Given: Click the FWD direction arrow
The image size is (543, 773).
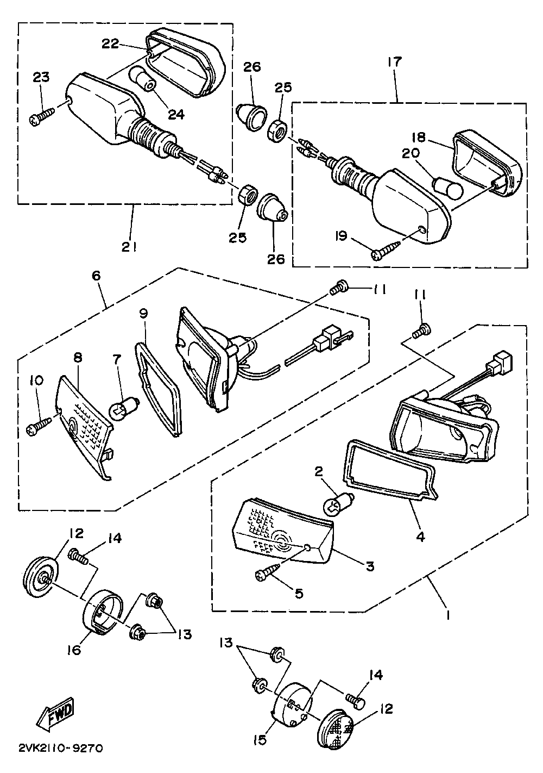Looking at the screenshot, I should [55, 713].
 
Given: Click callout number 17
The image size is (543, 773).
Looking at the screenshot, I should [394, 63].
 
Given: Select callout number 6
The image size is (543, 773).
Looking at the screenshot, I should [96, 276].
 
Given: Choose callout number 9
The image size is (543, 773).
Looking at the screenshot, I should [143, 313].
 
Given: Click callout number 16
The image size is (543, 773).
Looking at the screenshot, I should [74, 650].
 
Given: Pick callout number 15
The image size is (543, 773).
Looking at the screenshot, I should [260, 739].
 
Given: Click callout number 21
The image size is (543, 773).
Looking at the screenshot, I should [129, 247].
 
